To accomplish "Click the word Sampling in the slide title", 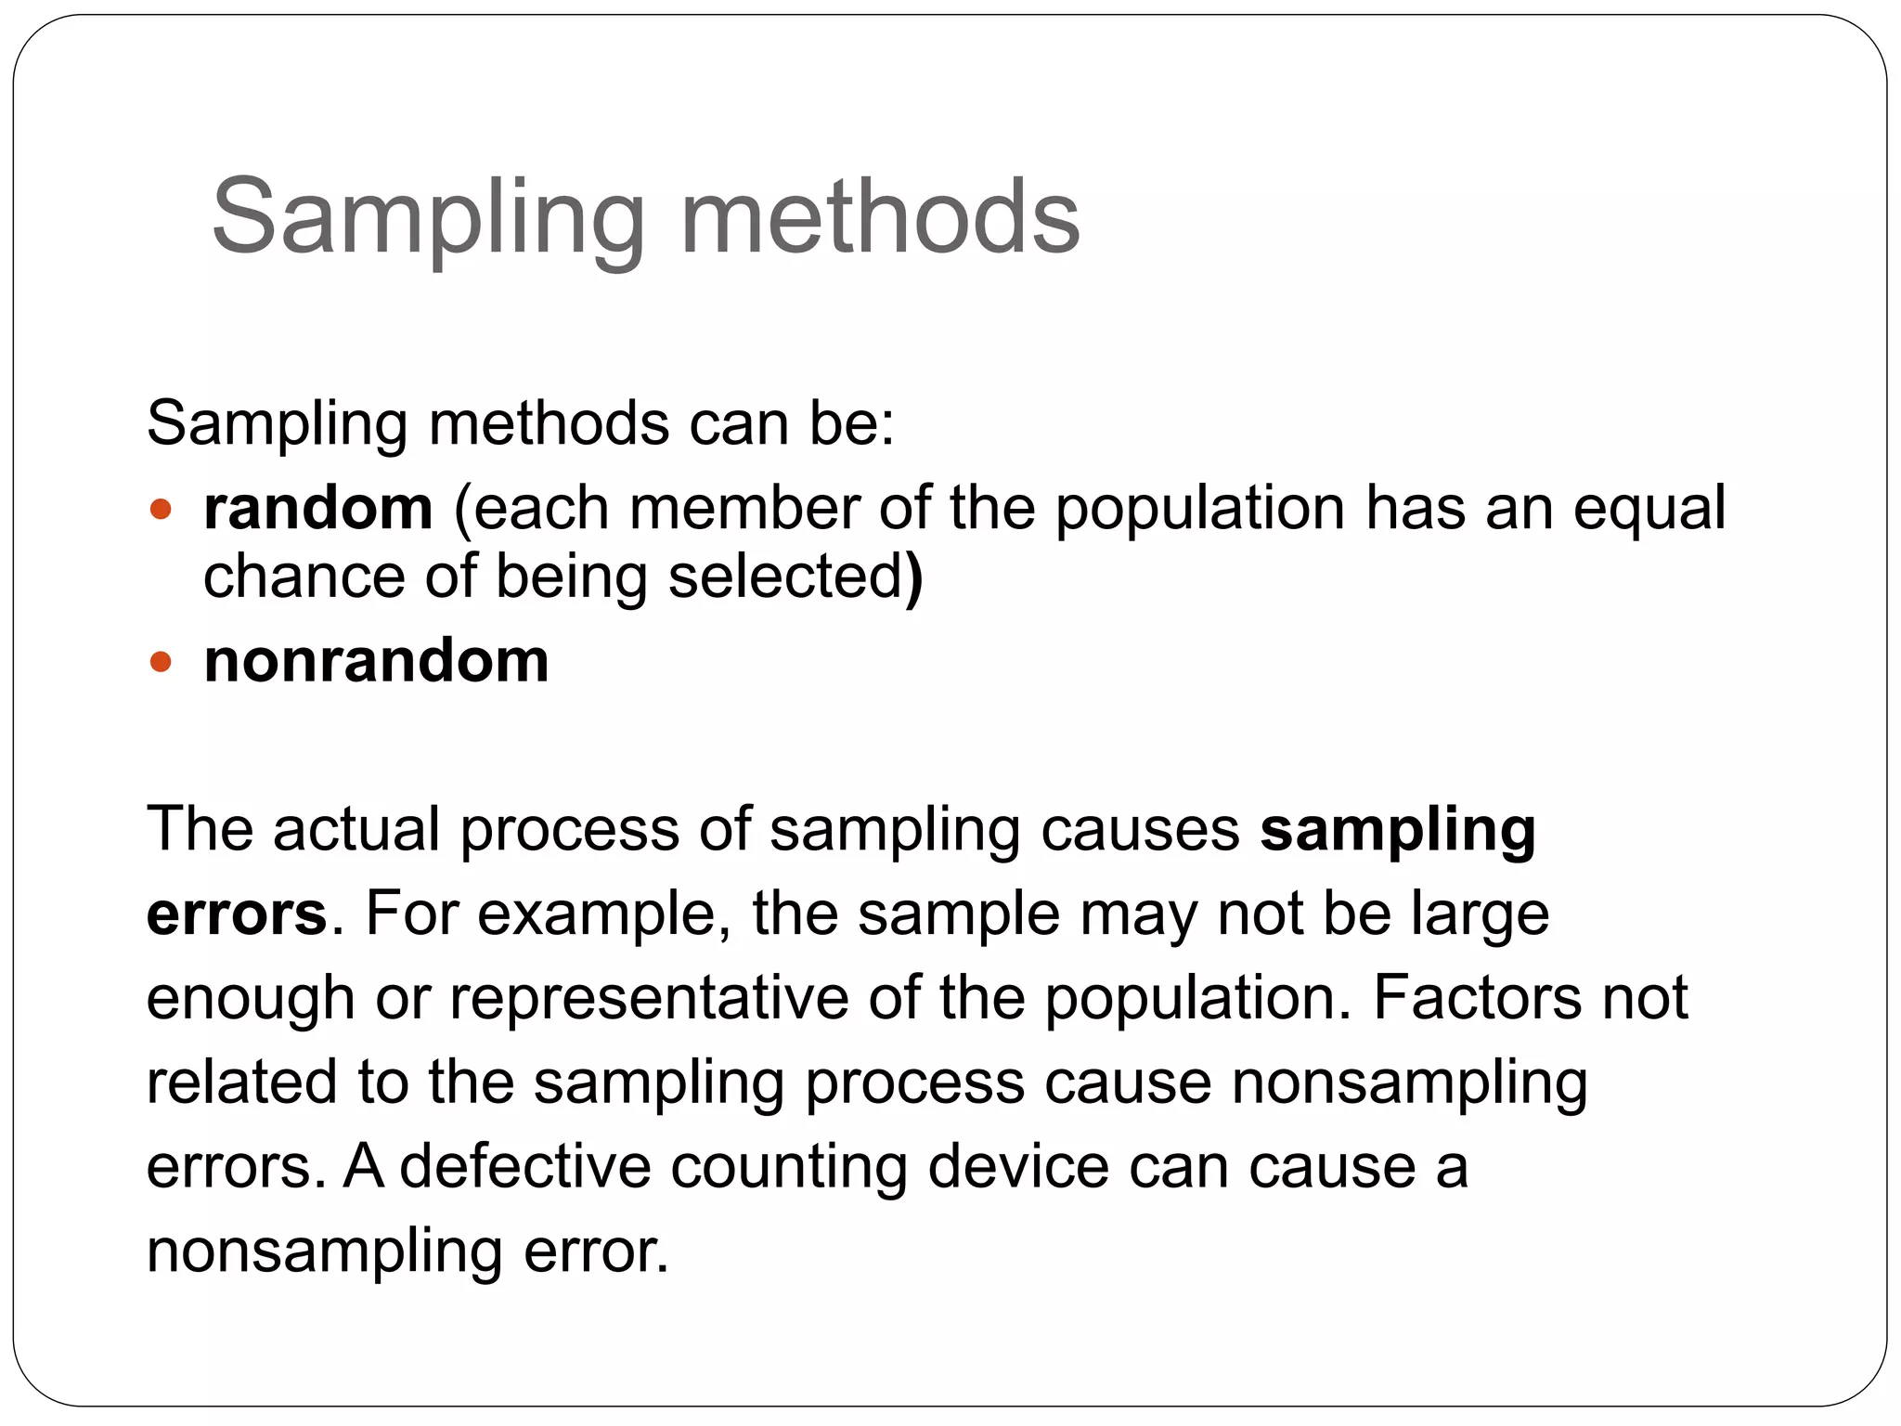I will tap(428, 220).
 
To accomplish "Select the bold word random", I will tap(318, 509).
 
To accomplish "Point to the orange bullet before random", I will tap(161, 509).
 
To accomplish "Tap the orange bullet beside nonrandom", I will tap(161, 662).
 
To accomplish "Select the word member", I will tap(744, 509).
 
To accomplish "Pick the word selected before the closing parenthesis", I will tap(785, 577).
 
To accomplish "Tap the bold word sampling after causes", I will tap(1397, 831).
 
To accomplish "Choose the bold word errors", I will tap(237, 914).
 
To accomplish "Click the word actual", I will tap(356, 829).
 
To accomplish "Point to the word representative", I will tap(649, 1000).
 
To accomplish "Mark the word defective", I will tap(525, 1167).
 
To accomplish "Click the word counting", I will tap(789, 1169).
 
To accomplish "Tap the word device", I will tap(1018, 1167).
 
